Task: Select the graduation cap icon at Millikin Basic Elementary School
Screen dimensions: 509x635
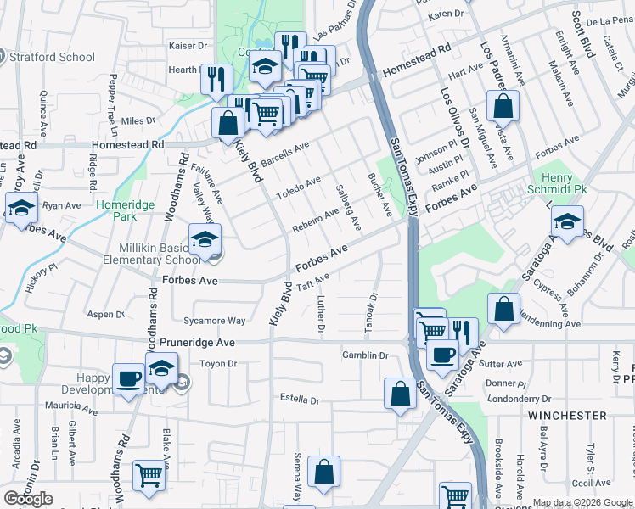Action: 205,241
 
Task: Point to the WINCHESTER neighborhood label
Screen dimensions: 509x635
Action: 567,416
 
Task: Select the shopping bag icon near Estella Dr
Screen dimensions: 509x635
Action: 400,394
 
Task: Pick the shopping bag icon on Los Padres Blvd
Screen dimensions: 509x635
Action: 503,107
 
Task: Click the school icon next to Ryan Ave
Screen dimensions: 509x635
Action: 20,208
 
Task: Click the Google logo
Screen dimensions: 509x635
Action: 28,499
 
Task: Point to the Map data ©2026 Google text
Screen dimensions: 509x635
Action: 582,502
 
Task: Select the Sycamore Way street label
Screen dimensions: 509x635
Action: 214,322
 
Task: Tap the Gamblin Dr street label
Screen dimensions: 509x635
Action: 365,355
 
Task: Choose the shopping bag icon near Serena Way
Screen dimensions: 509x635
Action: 323,473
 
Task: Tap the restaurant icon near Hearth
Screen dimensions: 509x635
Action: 216,79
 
